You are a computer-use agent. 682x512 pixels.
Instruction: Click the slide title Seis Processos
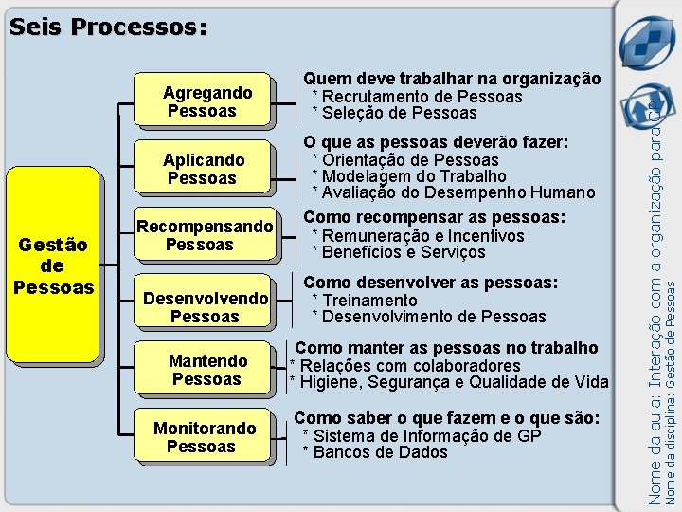click(x=107, y=27)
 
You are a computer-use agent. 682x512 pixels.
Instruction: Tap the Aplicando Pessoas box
click(x=205, y=169)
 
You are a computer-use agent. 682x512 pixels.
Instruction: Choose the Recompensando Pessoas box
click(x=205, y=235)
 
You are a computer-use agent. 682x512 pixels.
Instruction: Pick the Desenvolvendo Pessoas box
click(x=205, y=307)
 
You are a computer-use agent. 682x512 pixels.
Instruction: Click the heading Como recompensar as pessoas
click(x=434, y=217)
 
